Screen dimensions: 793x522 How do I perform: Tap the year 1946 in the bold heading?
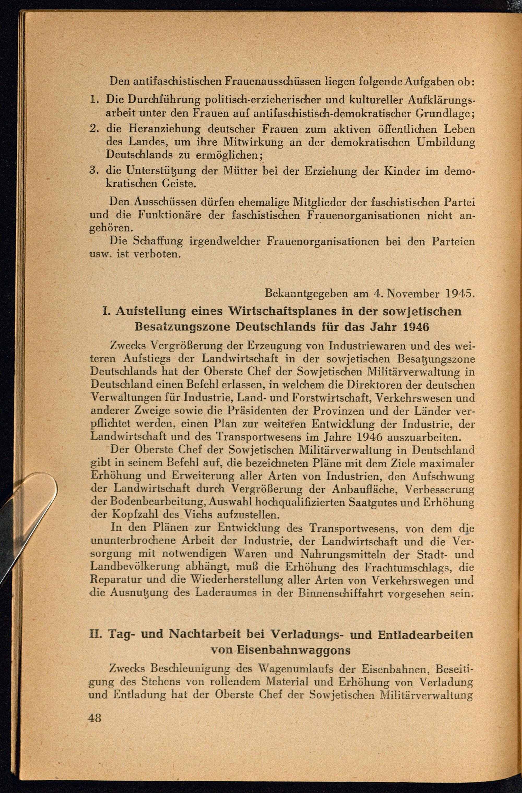416,327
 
